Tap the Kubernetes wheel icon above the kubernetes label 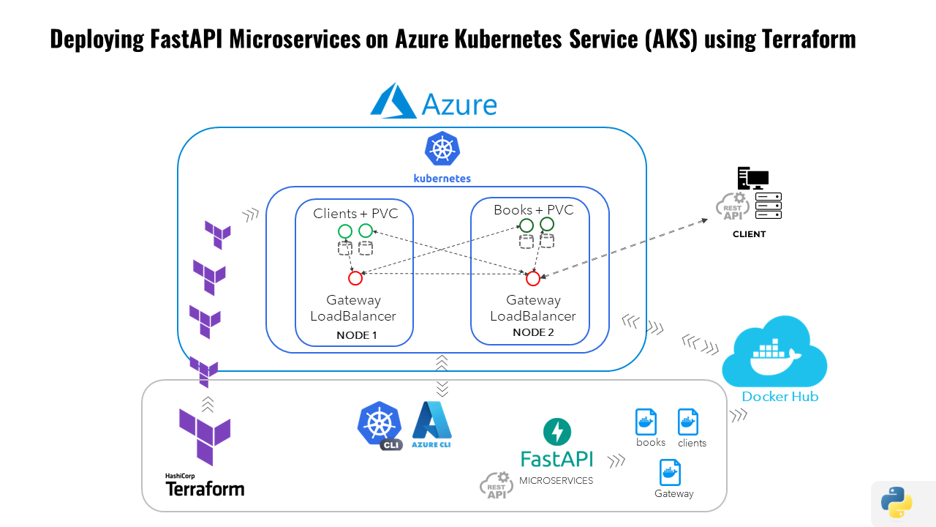tap(442, 149)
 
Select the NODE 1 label tap(357, 335)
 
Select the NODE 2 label tap(533, 332)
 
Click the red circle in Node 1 tap(355, 278)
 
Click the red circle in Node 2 tap(533, 278)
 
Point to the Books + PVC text tap(533, 210)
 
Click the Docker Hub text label tap(780, 397)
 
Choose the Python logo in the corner tap(897, 503)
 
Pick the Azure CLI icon tap(431, 425)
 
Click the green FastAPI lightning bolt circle tap(557, 432)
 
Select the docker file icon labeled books tap(646, 422)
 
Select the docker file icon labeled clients tap(688, 422)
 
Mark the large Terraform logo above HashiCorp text tap(205, 437)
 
